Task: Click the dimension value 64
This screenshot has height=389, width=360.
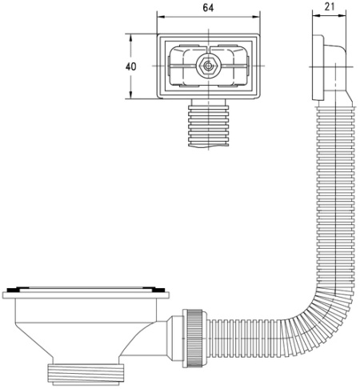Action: pyautogui.click(x=208, y=8)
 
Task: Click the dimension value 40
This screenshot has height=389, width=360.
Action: pyautogui.click(x=130, y=66)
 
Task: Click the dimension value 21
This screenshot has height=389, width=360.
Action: pyautogui.click(x=330, y=6)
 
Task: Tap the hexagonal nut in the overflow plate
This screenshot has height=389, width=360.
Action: pyautogui.click(x=208, y=66)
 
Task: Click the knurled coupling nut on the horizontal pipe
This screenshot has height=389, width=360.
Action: pyautogui.click(x=194, y=339)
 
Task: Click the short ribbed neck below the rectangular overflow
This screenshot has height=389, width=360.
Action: pyautogui.click(x=208, y=126)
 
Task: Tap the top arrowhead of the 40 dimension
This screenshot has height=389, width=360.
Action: pyautogui.click(x=130, y=38)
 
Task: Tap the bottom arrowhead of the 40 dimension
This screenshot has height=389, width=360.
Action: pyautogui.click(x=130, y=94)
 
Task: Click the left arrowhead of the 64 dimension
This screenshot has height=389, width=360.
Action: pyautogui.click(x=161, y=17)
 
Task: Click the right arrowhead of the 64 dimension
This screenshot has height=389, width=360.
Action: pyautogui.click(x=256, y=17)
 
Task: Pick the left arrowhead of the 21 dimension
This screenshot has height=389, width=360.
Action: pyautogui.click(x=316, y=15)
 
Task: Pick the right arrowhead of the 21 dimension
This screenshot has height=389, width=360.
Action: pyautogui.click(x=342, y=15)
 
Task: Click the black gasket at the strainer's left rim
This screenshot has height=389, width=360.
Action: pyautogui.click(x=12, y=291)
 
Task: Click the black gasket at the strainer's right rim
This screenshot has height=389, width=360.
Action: pyautogui.click(x=158, y=290)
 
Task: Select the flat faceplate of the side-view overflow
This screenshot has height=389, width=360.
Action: pyautogui.click(x=318, y=67)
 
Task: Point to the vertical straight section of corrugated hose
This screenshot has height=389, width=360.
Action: pyautogui.click(x=336, y=199)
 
